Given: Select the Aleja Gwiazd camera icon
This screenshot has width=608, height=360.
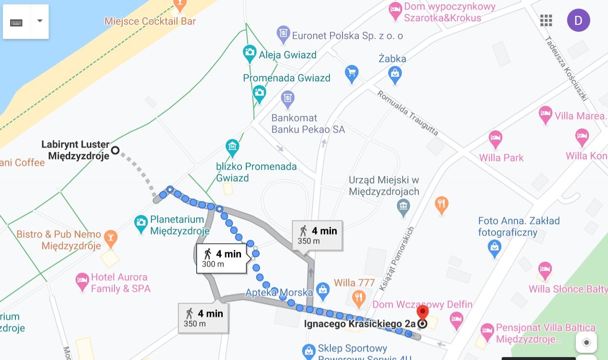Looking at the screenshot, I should [x=249, y=53].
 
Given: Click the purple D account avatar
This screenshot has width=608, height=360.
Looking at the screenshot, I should [x=578, y=20].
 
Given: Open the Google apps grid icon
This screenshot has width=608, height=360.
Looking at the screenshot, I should [x=546, y=20].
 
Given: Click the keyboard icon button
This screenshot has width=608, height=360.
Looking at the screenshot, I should [x=17, y=22].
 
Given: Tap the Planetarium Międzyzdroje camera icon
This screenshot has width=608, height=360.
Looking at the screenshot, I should [x=141, y=223].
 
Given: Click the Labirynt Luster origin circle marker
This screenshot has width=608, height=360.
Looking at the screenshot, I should [x=115, y=150].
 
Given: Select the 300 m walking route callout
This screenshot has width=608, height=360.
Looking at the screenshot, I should [x=222, y=258].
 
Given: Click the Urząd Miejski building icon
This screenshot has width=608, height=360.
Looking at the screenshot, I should [x=403, y=207].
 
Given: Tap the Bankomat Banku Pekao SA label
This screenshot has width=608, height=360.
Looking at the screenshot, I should [x=308, y=124].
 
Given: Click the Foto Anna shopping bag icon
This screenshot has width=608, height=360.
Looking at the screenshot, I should [x=494, y=248].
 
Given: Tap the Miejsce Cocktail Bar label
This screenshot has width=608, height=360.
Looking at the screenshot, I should [x=150, y=22].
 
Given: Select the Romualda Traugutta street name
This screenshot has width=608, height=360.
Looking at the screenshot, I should [x=407, y=112].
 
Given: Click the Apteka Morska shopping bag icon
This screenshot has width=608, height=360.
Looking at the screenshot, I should [x=323, y=289].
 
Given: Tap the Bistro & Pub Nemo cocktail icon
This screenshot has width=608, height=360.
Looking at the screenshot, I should [x=111, y=237].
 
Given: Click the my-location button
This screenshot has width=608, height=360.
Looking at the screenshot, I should [x=586, y=342].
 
